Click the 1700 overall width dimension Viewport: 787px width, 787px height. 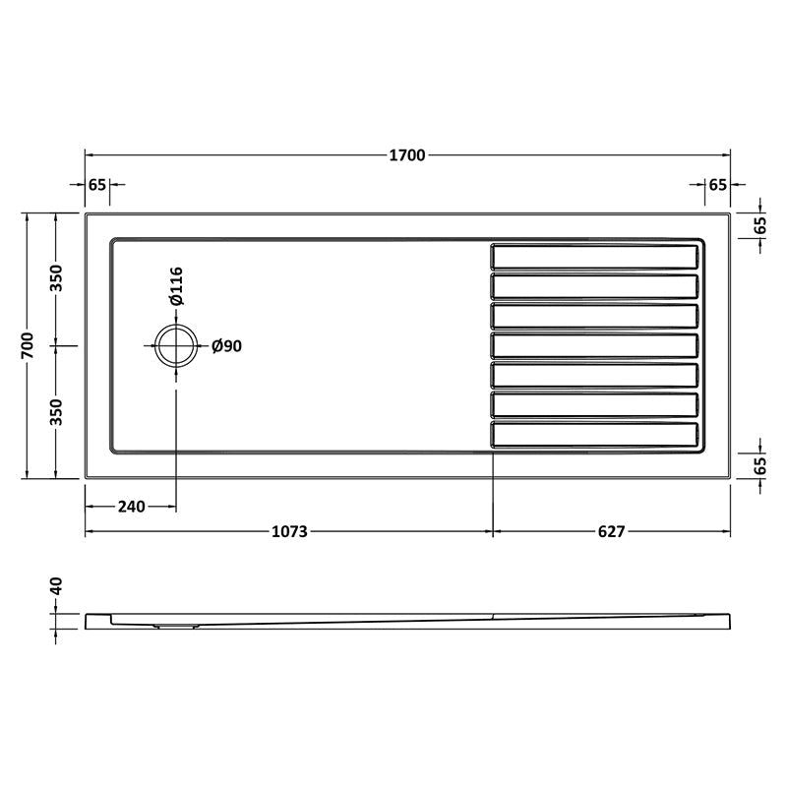tap(407, 154)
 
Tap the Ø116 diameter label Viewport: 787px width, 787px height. tap(177, 286)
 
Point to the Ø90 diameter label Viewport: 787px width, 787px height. tap(227, 345)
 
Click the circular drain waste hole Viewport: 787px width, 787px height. tap(177, 345)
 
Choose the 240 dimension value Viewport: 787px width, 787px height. tap(131, 507)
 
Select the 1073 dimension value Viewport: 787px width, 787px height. tap(290, 531)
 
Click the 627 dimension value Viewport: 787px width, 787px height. tap(611, 531)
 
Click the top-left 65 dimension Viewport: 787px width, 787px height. tap(96, 184)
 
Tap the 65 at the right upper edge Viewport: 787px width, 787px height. tap(758, 224)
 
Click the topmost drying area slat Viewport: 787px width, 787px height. tap(596, 257)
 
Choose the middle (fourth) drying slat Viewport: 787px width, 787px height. tap(596, 345)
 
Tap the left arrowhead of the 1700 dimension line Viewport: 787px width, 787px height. tap(89, 154)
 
